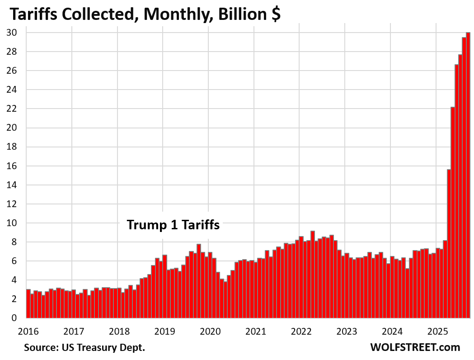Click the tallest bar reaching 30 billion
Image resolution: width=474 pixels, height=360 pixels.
point(468,176)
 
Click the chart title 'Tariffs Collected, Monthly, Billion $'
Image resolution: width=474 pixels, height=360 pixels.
point(145,14)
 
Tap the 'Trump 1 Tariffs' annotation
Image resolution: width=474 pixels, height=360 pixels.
point(173,225)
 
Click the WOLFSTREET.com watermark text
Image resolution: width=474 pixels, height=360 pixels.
point(415,347)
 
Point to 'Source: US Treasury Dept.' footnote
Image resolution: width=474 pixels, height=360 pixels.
point(84,348)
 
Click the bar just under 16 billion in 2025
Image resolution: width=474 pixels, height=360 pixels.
point(449,244)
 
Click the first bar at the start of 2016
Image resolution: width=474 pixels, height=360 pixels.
point(28,304)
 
